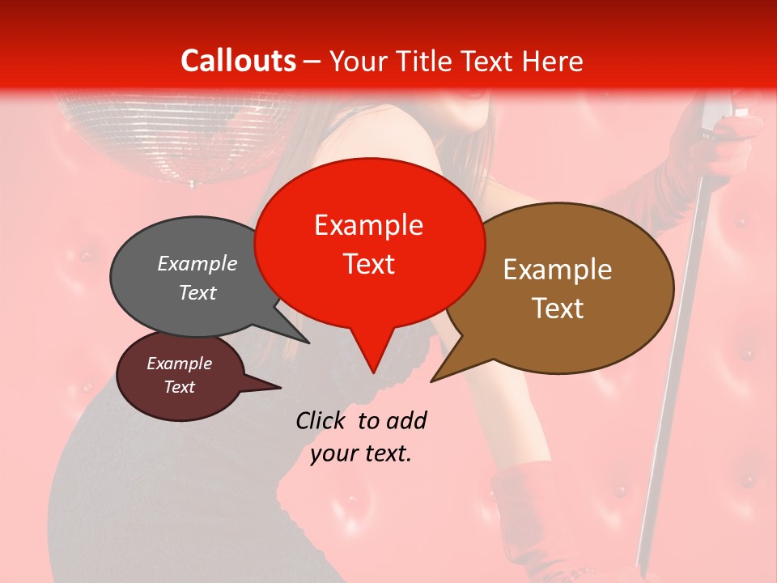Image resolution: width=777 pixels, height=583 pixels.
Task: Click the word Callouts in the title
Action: click(239, 61)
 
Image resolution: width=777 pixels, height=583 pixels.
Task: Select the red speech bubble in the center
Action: click(369, 243)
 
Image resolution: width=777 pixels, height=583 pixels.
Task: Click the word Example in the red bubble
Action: click(369, 225)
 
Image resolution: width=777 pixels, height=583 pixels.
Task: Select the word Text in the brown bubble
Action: click(558, 309)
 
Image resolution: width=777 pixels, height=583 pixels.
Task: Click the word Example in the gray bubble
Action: click(197, 264)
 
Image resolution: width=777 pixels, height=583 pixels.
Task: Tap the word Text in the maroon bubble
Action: click(180, 387)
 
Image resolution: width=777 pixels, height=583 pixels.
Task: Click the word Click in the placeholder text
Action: click(324, 420)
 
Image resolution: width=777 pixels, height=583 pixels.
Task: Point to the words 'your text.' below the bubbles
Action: click(361, 453)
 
